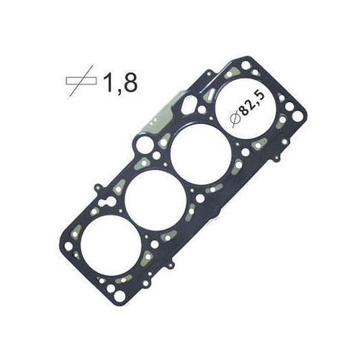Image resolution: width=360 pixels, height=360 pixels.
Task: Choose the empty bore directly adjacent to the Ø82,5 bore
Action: point(200,153)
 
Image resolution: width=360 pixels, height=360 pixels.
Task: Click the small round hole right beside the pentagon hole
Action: point(202,109)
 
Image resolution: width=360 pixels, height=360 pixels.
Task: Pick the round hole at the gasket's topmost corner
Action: point(246,65)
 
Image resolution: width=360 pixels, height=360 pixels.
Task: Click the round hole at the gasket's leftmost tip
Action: point(68,246)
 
